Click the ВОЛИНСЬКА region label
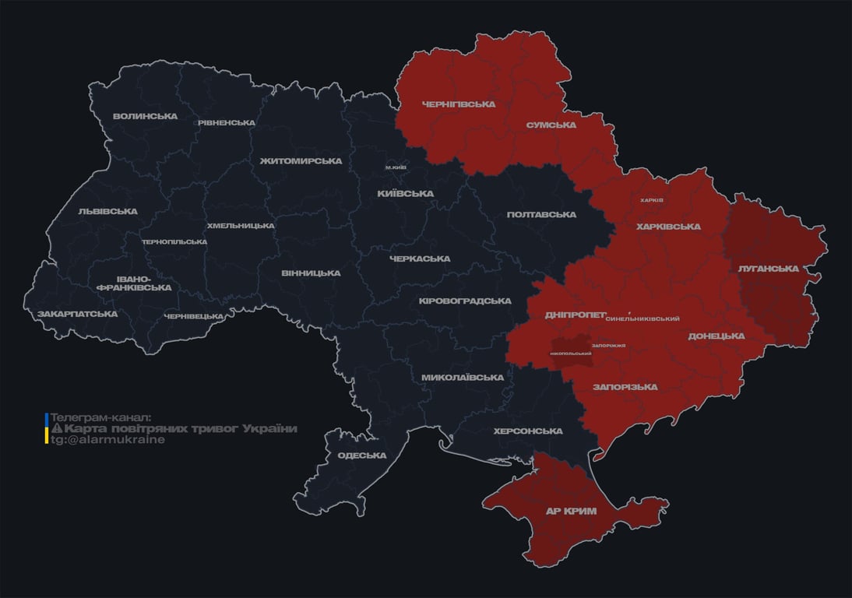point(145,117)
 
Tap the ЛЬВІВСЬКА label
point(107,211)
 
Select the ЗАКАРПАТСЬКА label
point(78,314)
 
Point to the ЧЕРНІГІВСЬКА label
point(458,104)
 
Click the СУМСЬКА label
point(551,125)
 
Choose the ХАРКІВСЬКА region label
point(668,227)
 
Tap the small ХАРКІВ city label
point(651,200)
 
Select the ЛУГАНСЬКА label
point(768,269)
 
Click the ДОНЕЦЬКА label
point(716,336)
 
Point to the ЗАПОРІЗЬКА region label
point(625,387)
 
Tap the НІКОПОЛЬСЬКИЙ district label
point(571,354)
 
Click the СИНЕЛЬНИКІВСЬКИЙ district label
point(643,319)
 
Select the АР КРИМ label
point(570,511)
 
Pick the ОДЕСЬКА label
point(361,456)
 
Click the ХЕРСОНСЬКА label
point(528,431)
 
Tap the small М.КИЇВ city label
point(396,167)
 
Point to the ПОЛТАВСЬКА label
point(541,214)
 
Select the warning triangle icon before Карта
point(57,429)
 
